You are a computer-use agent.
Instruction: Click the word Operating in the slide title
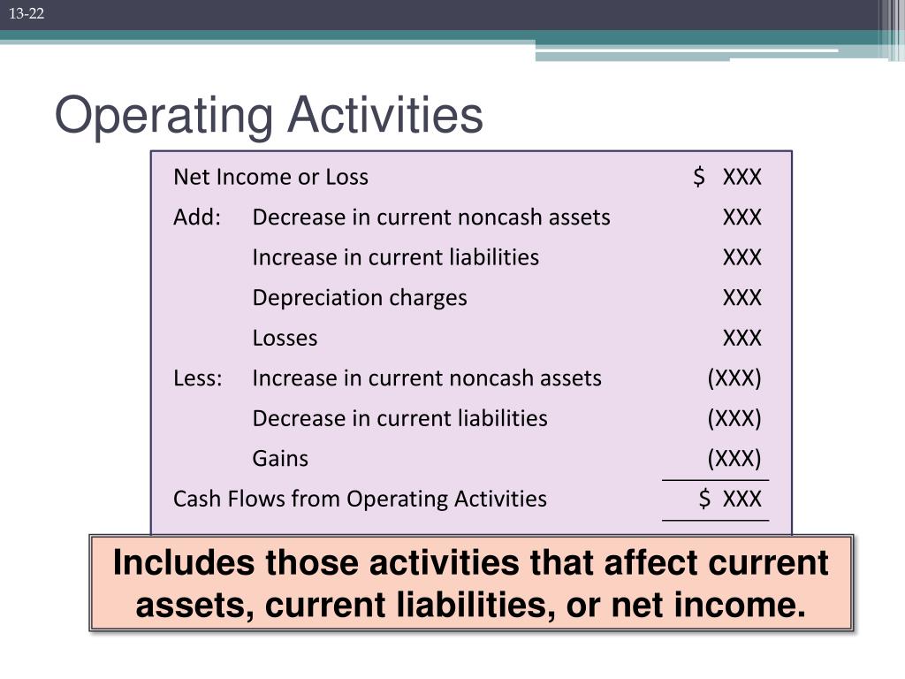(164, 116)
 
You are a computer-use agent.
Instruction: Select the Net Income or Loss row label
(270, 177)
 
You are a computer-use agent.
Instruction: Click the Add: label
(196, 217)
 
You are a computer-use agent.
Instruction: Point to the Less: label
(198, 378)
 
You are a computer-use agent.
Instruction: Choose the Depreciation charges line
(360, 298)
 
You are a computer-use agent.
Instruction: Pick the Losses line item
(285, 338)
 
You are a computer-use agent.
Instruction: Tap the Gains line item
(280, 459)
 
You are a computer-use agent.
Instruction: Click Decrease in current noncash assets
(431, 217)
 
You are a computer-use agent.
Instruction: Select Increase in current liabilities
(395, 257)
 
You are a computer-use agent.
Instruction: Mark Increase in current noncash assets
(427, 378)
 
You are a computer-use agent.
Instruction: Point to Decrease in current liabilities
(399, 418)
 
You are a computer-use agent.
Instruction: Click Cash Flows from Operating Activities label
(360, 499)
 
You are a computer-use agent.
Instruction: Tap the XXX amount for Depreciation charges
(741, 298)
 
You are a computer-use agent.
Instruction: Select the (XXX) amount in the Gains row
(734, 459)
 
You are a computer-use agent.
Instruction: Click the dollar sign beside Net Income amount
(700, 177)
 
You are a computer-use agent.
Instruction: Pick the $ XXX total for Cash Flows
(729, 499)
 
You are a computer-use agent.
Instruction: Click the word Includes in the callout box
(183, 563)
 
